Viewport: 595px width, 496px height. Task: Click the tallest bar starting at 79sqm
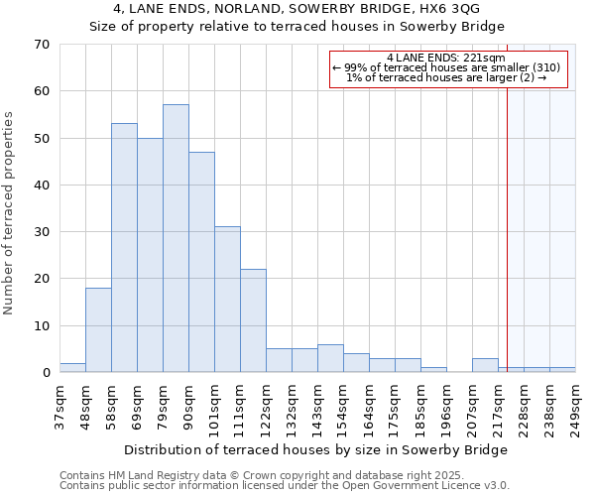[176, 238]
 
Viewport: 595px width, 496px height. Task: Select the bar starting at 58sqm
[124, 248]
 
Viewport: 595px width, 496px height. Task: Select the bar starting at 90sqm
[201, 262]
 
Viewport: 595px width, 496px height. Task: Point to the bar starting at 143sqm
[330, 358]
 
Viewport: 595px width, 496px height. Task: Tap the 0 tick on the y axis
[45, 373]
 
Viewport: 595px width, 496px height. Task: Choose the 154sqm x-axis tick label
[343, 407]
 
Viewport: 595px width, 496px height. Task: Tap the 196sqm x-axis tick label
[446, 407]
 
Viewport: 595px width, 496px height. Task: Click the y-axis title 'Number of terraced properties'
[9, 212]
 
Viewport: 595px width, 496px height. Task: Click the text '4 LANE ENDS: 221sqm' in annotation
[446, 58]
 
